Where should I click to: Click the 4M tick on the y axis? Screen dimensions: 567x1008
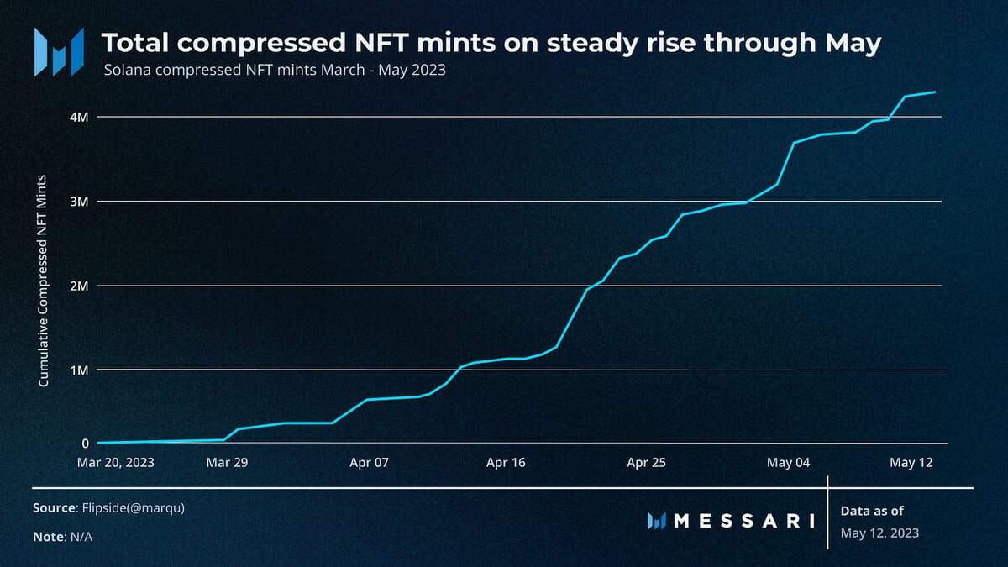[79, 117]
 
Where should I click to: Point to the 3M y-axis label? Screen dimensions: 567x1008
[79, 202]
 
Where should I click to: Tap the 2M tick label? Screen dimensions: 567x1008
[79, 286]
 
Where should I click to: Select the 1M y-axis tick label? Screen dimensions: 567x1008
[79, 370]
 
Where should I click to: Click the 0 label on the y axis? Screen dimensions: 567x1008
[85, 443]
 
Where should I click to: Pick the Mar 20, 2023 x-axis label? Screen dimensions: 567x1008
[115, 462]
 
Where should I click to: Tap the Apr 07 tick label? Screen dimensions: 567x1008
[369, 462]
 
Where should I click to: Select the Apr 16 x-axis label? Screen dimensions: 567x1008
[507, 462]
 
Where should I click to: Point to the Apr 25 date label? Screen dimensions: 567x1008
[648, 462]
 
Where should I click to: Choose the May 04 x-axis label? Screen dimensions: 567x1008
[789, 462]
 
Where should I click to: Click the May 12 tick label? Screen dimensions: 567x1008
[911, 462]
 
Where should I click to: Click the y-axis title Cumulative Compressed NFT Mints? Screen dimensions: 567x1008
[44, 281]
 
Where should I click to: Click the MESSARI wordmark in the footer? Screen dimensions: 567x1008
[744, 521]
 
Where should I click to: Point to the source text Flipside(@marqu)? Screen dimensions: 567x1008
[132, 508]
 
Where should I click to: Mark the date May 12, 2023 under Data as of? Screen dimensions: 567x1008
[879, 533]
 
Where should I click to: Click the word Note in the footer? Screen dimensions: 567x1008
[48, 536]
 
